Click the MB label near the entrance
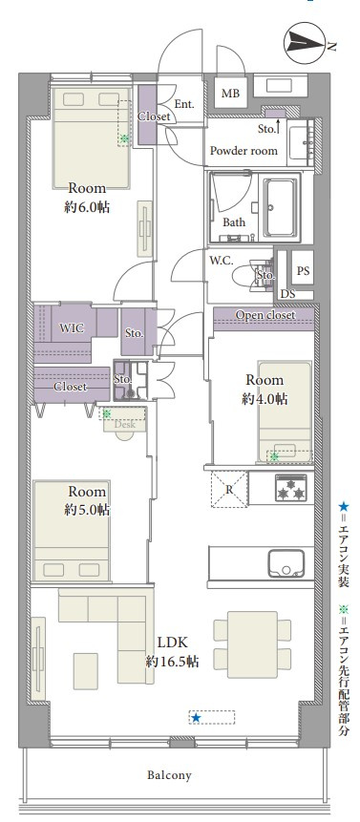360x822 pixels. [230, 94]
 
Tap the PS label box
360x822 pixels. [303, 270]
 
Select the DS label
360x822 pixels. [287, 295]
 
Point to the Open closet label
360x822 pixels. [265, 315]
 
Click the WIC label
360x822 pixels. [71, 328]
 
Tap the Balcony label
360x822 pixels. [169, 775]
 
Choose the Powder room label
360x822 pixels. [244, 151]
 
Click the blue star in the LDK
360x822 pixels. [196, 717]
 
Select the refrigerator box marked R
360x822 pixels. [229, 489]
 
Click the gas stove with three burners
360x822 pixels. [291, 488]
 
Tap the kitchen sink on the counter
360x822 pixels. [286, 563]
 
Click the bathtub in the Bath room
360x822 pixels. [281, 207]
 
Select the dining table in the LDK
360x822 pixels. [253, 644]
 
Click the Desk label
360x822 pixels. [125, 425]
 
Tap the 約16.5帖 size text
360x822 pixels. [172, 662]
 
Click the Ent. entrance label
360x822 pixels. [184, 104]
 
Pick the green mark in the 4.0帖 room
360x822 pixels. [274, 456]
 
